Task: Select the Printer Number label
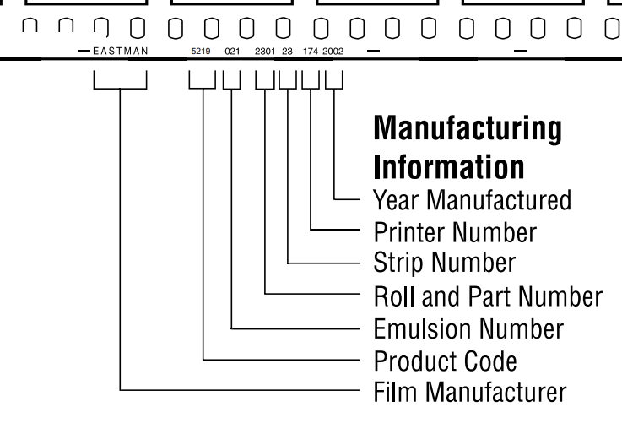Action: (454, 231)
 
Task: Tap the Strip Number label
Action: (444, 263)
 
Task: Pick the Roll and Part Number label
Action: (488, 296)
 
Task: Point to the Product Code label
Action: (444, 361)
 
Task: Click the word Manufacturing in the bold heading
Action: (467, 129)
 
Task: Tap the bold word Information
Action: (448, 166)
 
